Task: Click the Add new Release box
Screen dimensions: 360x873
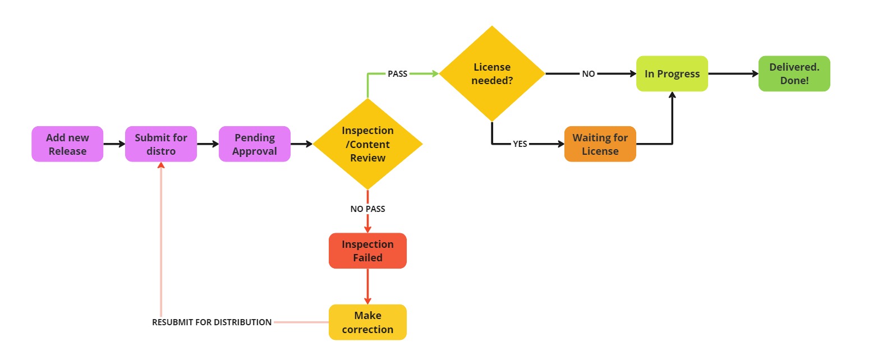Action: [67, 144]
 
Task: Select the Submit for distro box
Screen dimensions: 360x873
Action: [161, 144]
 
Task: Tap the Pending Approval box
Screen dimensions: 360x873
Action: [255, 144]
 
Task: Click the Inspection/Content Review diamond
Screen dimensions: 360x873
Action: [367, 144]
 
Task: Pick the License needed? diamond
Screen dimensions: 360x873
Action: [492, 73]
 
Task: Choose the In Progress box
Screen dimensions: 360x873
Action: [672, 73]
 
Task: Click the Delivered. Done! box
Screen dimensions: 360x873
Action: [794, 73]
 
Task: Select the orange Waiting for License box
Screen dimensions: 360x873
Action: [600, 144]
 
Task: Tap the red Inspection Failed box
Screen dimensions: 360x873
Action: [367, 251]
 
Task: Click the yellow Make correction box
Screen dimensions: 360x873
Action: [367, 322]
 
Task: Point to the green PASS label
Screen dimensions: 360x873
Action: [397, 73]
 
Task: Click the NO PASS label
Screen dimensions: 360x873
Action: [367, 209]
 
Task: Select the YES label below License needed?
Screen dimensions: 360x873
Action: [520, 144]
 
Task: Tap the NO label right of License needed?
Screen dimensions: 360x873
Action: [589, 73]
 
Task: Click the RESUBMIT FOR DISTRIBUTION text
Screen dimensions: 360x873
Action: [212, 322]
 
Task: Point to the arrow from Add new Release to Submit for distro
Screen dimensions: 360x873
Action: [114, 144]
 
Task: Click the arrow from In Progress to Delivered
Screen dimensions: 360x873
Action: [733, 73]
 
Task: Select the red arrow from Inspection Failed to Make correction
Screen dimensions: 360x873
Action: [367, 286]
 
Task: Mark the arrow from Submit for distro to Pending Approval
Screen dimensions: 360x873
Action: [208, 144]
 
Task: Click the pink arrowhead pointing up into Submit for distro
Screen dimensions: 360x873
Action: [161, 165]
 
